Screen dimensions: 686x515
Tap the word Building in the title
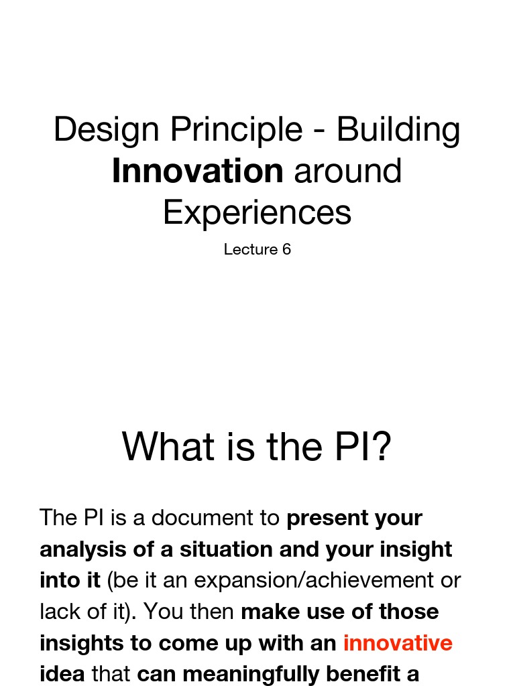pyautogui.click(x=398, y=129)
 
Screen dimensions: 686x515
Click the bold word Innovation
pyautogui.click(x=197, y=171)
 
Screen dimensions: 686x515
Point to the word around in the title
pyautogui.click(x=348, y=171)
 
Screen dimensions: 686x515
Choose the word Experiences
pyautogui.click(x=257, y=212)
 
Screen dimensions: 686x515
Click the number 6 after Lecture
pyautogui.click(x=287, y=249)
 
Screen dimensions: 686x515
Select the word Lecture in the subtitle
pyautogui.click(x=251, y=249)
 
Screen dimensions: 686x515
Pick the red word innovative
pyautogui.click(x=398, y=643)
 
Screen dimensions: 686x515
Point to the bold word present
pyautogui.click(x=328, y=518)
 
